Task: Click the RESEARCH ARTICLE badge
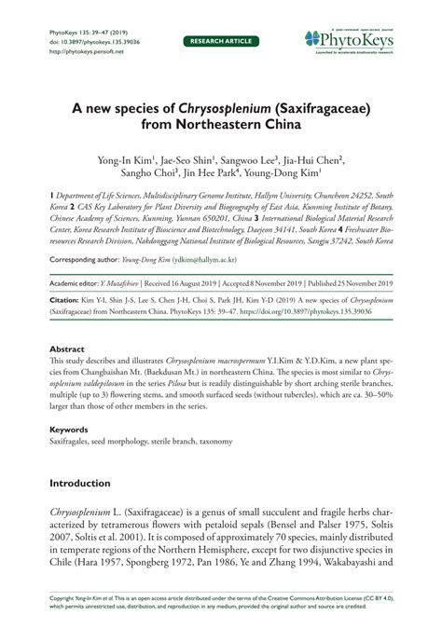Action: click(x=220, y=42)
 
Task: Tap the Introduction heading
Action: click(x=86, y=484)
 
